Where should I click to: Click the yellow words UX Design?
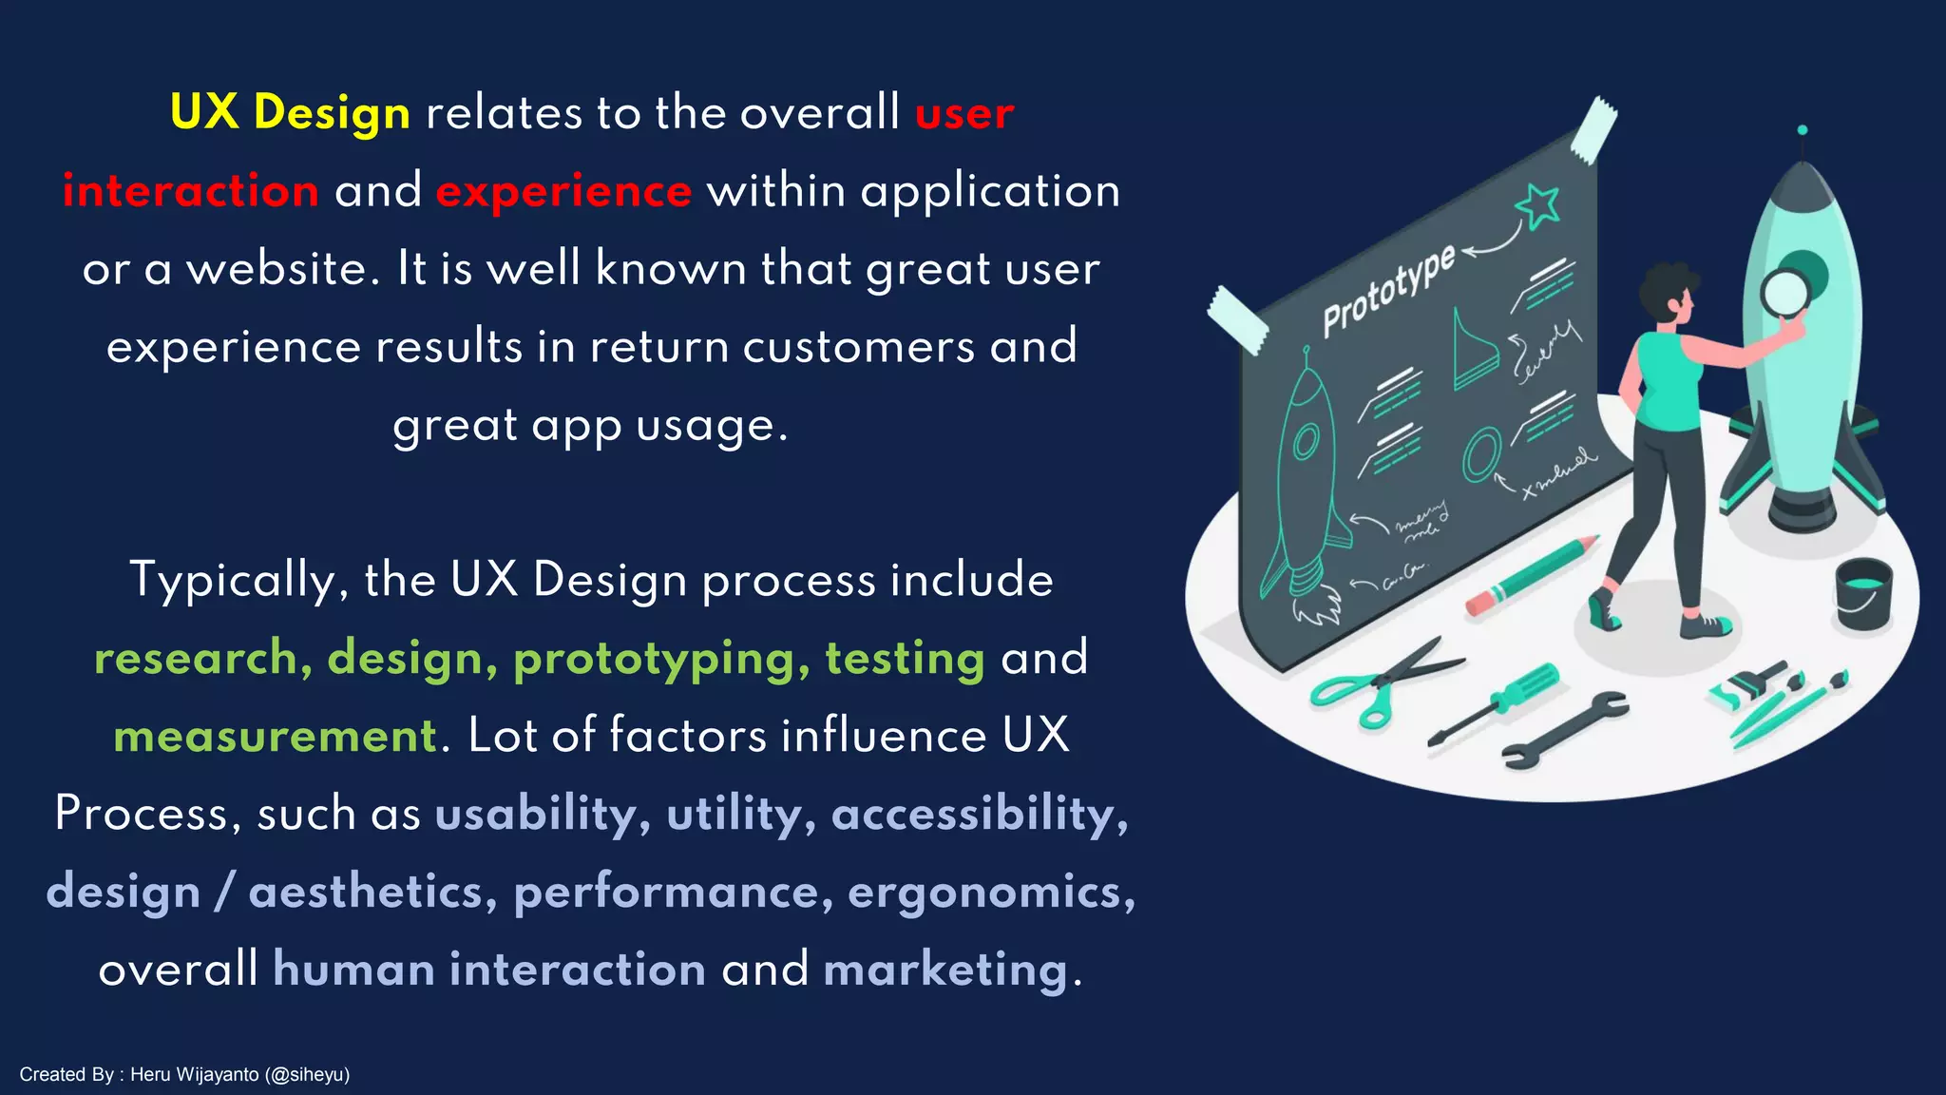coord(290,113)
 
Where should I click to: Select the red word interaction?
coord(191,191)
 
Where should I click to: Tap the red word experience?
coord(563,191)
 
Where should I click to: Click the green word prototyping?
coord(661,659)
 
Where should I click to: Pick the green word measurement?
coord(275,737)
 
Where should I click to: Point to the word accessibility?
coord(979,815)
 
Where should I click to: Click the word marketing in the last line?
coord(945,970)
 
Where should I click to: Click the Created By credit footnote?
coord(184,1074)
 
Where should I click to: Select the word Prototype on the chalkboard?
coord(1388,290)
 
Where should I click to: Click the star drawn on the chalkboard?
coord(1537,205)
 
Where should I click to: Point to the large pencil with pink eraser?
coord(1531,575)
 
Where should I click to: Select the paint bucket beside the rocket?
coord(1862,593)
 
